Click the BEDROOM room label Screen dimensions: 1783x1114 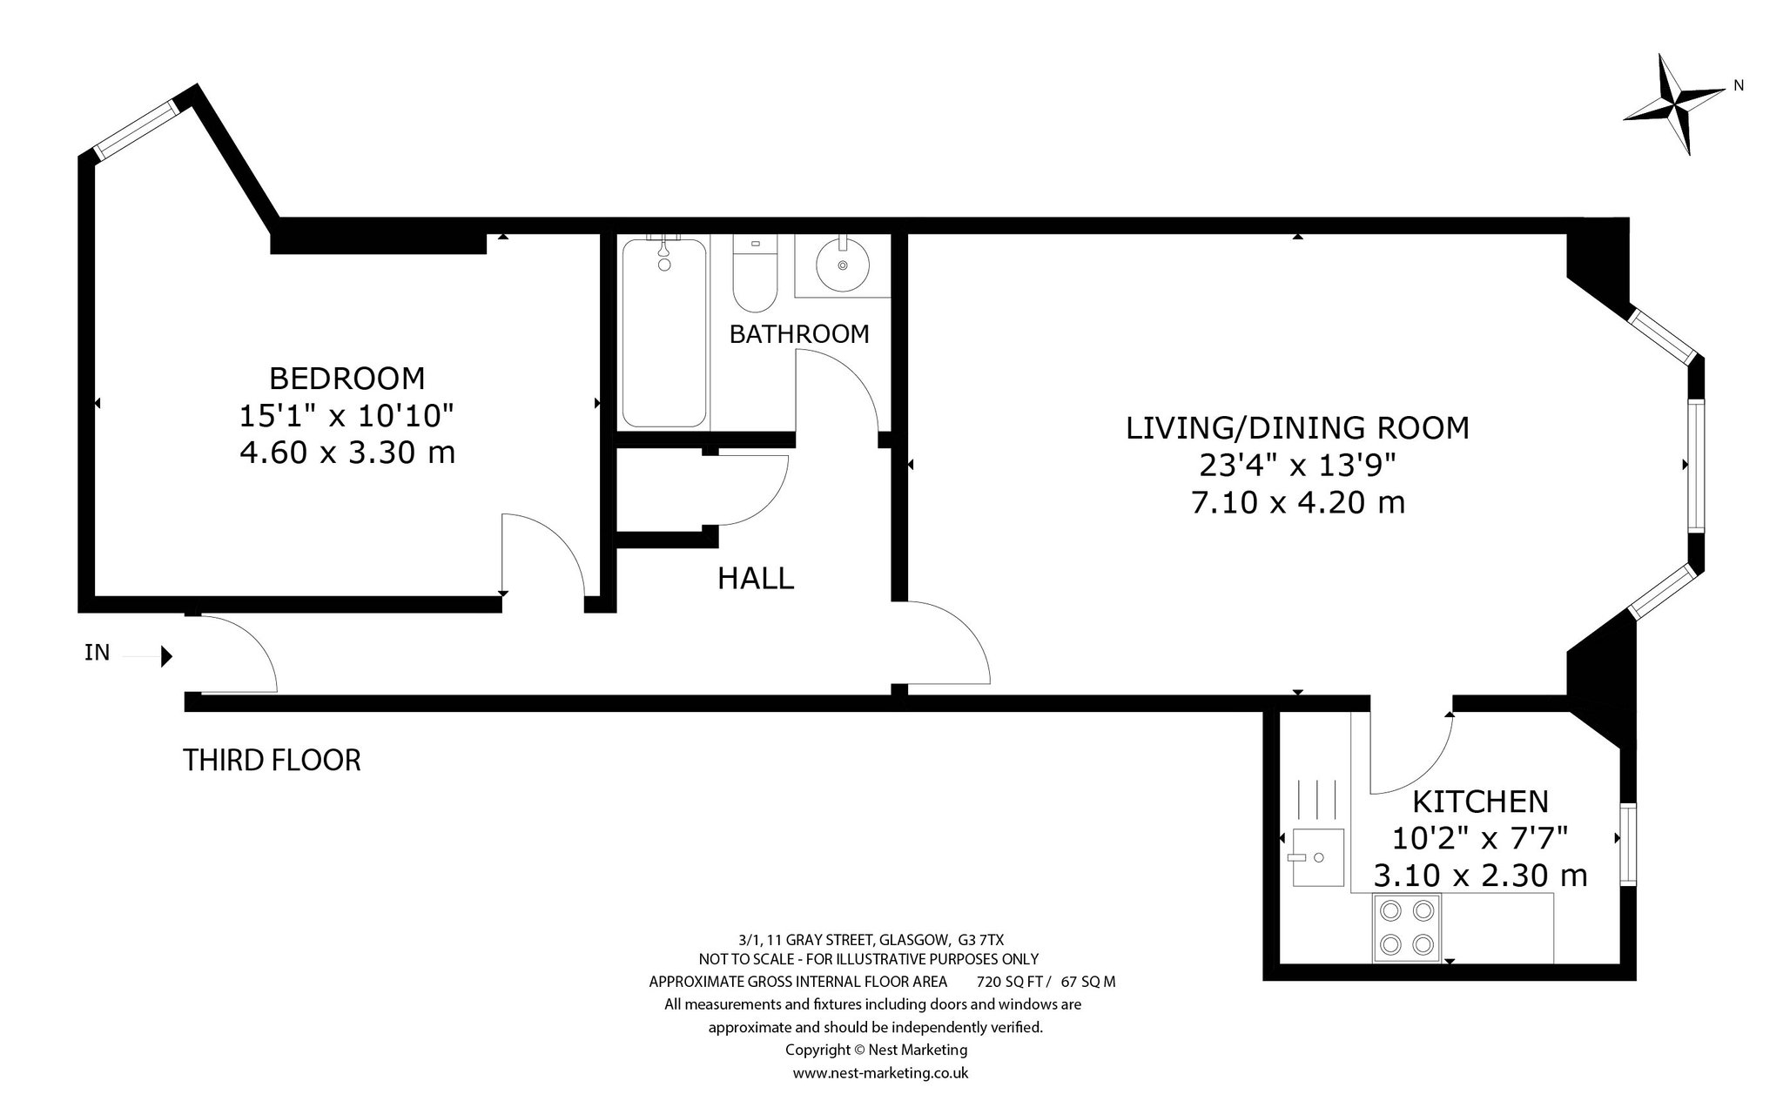[347, 379]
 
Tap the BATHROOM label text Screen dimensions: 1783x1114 [799, 334]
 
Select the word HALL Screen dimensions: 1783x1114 [756, 579]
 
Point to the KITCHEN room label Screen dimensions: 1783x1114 [1480, 801]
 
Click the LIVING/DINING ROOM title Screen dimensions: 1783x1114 [1298, 428]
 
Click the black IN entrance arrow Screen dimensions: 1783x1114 [167, 655]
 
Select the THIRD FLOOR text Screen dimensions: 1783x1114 [272, 761]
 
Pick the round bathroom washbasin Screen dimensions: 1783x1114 [843, 265]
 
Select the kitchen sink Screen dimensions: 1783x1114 [1316, 856]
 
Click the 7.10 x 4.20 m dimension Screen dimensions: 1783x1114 [1298, 503]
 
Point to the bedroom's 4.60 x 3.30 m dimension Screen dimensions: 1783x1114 [347, 453]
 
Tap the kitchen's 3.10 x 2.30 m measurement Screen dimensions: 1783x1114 [1480, 876]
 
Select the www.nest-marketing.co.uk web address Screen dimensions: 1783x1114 [880, 1073]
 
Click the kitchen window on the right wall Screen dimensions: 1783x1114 [1627, 846]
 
